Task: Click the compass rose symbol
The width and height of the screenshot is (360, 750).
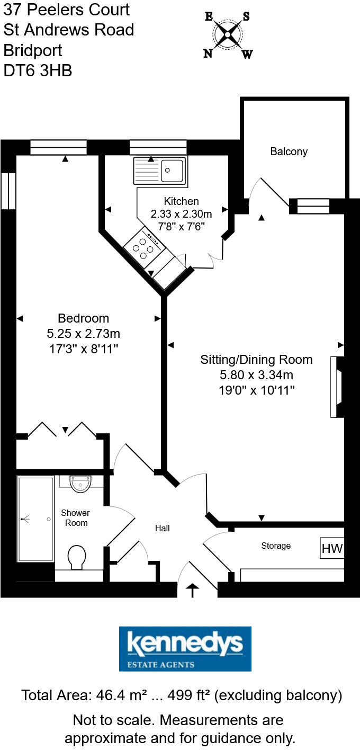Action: [228, 35]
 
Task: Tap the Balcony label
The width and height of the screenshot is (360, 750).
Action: [289, 151]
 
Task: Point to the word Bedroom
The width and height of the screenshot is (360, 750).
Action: [83, 318]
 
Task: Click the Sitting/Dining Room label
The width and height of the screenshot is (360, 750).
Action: [256, 360]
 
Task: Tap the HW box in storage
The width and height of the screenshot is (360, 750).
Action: [332, 549]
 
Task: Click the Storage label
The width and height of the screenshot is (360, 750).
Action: [276, 546]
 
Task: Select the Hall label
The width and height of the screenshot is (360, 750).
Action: [163, 528]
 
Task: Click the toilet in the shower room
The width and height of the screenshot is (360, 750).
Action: [77, 557]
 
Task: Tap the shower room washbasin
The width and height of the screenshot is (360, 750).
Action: [80, 483]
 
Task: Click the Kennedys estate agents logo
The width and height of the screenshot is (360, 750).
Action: [185, 649]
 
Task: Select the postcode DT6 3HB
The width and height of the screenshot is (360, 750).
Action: [38, 70]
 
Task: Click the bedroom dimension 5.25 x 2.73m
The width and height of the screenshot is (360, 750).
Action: [83, 334]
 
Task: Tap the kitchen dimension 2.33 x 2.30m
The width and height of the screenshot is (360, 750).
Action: [181, 214]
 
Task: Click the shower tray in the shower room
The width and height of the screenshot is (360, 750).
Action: [36, 519]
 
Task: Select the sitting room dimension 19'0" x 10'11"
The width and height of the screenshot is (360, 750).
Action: [256, 391]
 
